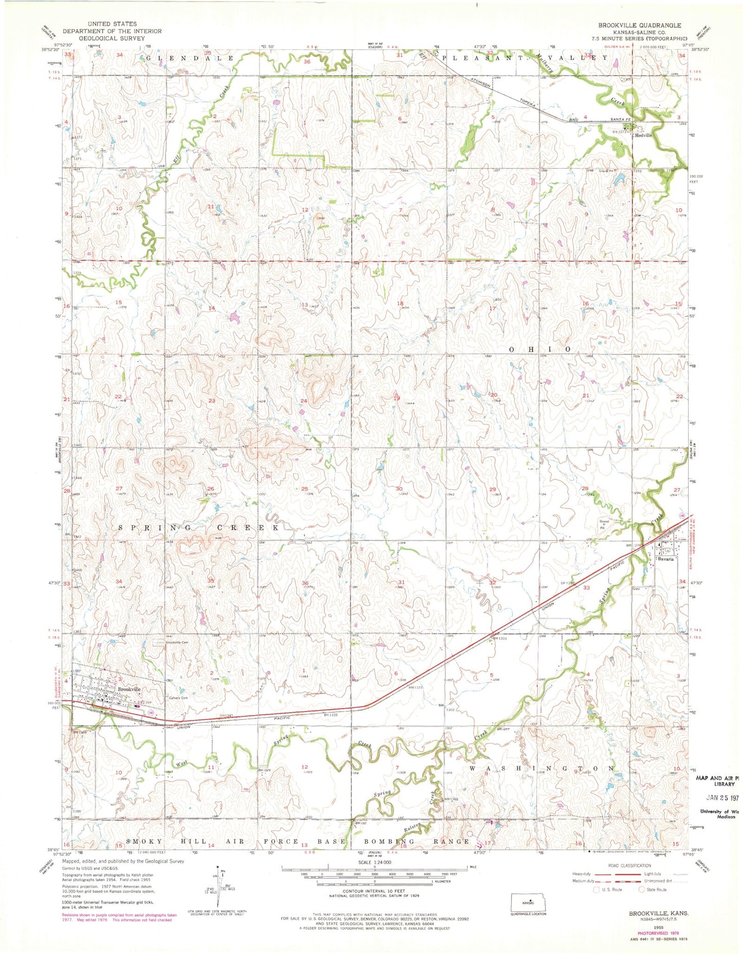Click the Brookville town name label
click(129, 689)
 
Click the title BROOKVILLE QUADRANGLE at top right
click(639, 25)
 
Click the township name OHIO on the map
click(540, 349)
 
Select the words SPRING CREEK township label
click(200, 528)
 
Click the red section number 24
click(304, 401)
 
